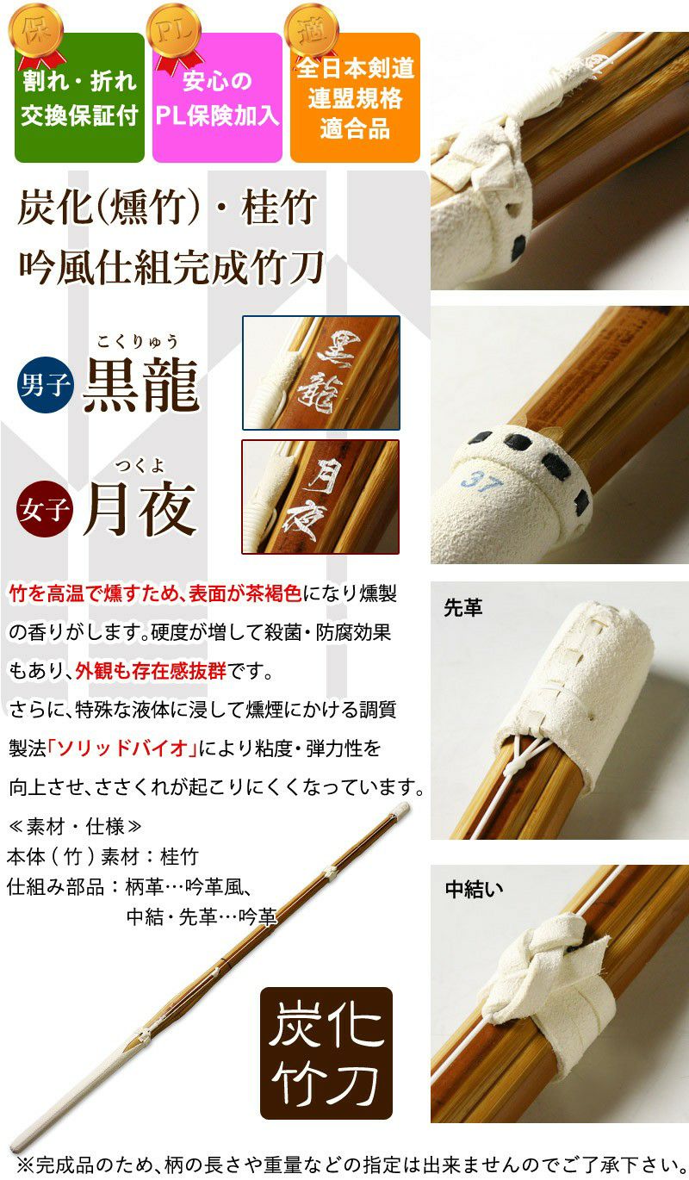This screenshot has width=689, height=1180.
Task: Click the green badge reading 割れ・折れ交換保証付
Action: tap(79, 98)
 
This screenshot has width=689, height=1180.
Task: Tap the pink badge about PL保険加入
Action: tap(217, 98)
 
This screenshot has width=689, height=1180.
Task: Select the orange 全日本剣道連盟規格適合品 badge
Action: tap(355, 98)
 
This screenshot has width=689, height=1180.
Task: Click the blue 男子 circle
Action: tap(46, 384)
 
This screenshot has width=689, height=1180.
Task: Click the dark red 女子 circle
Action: tap(45, 509)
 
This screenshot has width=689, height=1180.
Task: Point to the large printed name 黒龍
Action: tap(141, 384)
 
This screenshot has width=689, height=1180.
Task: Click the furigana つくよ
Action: tap(140, 466)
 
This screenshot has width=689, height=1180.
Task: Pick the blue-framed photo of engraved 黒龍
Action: tap(320, 373)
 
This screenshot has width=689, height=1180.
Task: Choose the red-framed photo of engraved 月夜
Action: tap(320, 497)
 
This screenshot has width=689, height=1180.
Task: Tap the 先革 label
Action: tap(463, 607)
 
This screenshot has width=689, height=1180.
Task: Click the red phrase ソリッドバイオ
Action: tap(121, 748)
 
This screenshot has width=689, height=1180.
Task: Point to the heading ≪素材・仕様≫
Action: tap(75, 827)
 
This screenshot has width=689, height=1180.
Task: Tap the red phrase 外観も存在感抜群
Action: tap(151, 672)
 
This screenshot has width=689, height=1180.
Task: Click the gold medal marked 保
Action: tap(36, 32)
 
